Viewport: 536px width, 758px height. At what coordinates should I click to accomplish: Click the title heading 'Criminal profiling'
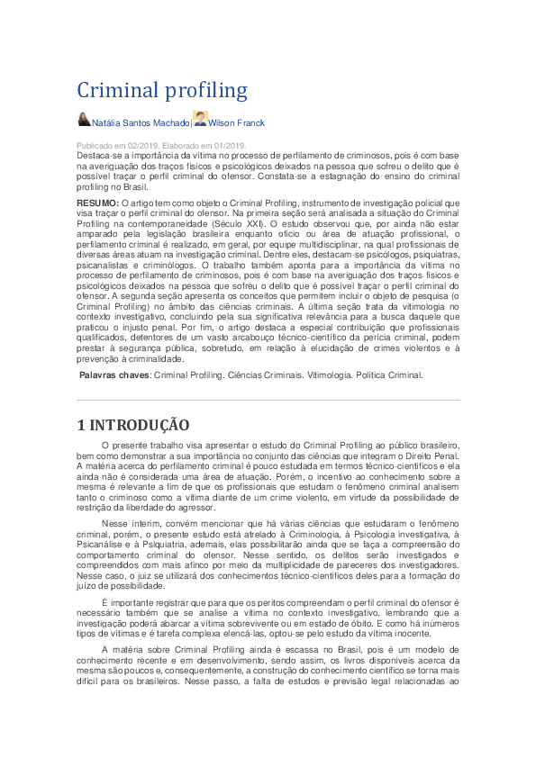coord(162,90)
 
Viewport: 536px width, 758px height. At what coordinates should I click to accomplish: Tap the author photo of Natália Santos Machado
coord(84,120)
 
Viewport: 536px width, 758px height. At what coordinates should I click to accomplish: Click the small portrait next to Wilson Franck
coord(200,119)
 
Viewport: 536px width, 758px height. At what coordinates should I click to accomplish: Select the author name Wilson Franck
coord(237,122)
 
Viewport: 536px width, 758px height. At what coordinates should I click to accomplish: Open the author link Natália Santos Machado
coord(141,122)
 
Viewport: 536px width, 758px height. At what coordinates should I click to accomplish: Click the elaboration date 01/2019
coord(227,145)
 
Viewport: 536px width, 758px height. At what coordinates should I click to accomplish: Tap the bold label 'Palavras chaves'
coord(114,374)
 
